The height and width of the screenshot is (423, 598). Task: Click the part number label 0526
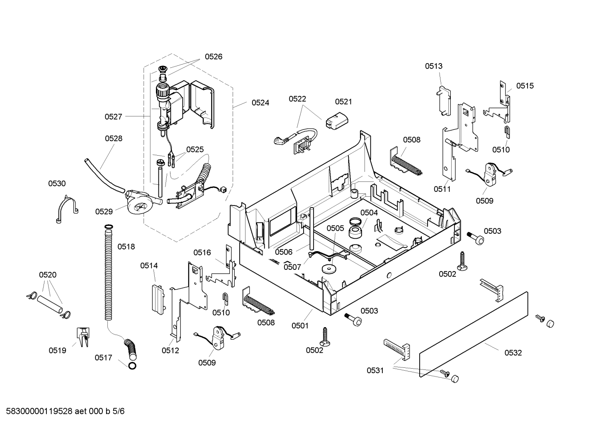point(214,56)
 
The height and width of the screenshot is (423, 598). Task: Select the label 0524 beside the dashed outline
point(260,103)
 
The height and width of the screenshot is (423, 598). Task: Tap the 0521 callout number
point(344,102)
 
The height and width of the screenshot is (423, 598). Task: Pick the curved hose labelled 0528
point(104,176)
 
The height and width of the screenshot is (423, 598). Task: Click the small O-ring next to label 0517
point(132,366)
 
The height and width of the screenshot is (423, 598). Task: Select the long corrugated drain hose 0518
point(108,273)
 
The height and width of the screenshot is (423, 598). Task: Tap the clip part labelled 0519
point(83,337)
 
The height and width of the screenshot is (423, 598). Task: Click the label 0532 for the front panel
point(513,353)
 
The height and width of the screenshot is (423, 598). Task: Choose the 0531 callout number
point(375,371)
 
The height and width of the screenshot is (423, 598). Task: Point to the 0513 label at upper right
point(433,66)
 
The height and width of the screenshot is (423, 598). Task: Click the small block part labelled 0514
point(158,300)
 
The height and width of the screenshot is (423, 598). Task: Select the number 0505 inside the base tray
point(335,228)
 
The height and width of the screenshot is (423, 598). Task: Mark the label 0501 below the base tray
point(300,326)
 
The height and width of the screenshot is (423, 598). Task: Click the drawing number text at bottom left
point(65,411)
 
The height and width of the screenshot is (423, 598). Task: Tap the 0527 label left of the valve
point(113,117)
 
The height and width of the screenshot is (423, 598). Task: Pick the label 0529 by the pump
point(104,212)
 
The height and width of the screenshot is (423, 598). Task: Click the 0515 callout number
point(525,86)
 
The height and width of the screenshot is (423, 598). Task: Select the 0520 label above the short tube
point(48,275)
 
